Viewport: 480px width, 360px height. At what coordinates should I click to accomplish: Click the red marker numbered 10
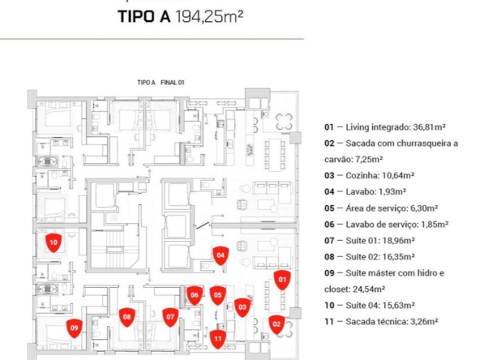pyautogui.click(x=54, y=243)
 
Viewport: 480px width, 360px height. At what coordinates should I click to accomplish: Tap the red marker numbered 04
pyautogui.click(x=221, y=255)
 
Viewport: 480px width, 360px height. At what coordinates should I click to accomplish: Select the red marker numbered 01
pyautogui.click(x=282, y=280)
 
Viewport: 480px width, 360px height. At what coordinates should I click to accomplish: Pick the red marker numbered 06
pyautogui.click(x=195, y=295)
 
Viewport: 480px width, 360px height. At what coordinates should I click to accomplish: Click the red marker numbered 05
pyautogui.click(x=217, y=295)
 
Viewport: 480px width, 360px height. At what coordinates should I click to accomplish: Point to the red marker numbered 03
pyautogui.click(x=242, y=307)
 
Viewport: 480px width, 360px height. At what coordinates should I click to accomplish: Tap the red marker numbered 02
pyautogui.click(x=276, y=324)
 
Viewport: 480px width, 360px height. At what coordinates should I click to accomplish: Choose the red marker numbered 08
pyautogui.click(x=126, y=317)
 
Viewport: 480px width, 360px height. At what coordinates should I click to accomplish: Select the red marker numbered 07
pyautogui.click(x=170, y=317)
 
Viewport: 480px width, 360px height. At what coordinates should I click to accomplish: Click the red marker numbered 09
pyautogui.click(x=75, y=328)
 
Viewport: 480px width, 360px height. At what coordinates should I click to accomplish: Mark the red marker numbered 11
pyautogui.click(x=217, y=339)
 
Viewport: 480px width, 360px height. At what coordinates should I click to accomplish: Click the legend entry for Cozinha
pyautogui.click(x=370, y=176)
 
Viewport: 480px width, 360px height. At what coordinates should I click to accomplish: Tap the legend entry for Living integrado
pyautogui.click(x=385, y=127)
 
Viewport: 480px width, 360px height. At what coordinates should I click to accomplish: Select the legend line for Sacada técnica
pyautogui.click(x=381, y=322)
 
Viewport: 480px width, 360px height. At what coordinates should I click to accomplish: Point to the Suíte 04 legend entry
pyautogui.click(x=370, y=306)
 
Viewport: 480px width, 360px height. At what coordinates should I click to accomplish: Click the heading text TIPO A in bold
pyautogui.click(x=144, y=16)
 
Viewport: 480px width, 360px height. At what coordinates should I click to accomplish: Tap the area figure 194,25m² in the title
pyautogui.click(x=209, y=16)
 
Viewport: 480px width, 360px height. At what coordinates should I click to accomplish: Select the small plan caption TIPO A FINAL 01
pyautogui.click(x=161, y=83)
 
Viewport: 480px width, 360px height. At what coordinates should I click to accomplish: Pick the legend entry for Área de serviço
pyautogui.click(x=381, y=208)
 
